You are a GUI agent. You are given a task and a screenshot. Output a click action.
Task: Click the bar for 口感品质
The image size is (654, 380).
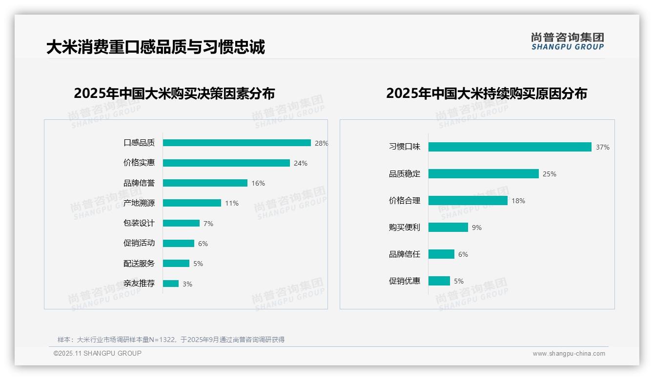coord(237,143)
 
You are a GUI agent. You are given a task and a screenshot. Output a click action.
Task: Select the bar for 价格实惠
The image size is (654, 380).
coord(226,163)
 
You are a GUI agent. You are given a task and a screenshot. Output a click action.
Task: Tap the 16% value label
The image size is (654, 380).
coord(258,183)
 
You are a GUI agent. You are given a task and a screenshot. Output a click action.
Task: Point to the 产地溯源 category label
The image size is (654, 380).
coord(139,203)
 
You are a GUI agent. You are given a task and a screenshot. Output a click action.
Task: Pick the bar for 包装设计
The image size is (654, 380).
coord(181,223)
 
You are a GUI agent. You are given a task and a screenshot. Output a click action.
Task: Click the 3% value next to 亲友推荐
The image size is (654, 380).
coord(187,284)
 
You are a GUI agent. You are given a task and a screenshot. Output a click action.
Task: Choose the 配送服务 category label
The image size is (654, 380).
coord(139,264)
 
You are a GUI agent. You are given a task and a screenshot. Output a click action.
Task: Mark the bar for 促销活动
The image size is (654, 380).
coord(179,243)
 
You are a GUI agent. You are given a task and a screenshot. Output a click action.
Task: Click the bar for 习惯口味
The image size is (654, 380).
coord(510,147)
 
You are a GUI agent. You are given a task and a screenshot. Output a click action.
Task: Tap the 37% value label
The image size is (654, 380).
coord(602,147)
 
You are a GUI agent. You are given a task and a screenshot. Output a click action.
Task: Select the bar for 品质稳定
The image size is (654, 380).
coord(484,174)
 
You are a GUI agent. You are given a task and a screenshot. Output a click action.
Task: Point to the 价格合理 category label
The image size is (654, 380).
coord(405,201)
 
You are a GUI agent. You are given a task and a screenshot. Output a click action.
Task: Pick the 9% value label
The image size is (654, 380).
coord(477,228)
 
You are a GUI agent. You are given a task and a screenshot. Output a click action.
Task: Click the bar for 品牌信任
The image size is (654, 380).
coord(442,254)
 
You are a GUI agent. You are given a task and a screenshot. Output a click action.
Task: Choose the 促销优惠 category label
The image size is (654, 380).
coord(405,281)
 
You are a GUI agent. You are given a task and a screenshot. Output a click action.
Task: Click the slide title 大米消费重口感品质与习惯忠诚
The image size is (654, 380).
coord(156,47)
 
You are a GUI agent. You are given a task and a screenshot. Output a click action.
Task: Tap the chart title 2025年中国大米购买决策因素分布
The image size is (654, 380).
coord(174,93)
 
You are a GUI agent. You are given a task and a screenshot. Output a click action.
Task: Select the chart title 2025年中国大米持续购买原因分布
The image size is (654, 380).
coord(487,93)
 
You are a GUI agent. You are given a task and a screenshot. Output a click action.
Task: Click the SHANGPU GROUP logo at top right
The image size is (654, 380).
coord(568,41)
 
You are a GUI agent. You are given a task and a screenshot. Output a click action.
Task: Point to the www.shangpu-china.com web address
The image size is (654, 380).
coord(569,354)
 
